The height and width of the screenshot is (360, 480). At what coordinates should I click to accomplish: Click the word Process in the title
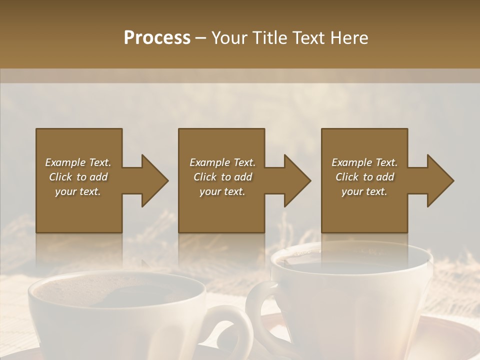[157, 38]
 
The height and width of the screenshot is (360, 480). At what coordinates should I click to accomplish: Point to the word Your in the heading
[230, 38]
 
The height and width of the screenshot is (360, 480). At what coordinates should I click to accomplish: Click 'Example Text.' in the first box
[78, 162]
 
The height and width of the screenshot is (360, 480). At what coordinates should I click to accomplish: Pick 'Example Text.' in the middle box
[222, 162]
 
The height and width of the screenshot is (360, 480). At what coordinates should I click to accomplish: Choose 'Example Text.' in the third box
[364, 162]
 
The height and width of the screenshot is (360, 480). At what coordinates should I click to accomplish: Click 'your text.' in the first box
[78, 191]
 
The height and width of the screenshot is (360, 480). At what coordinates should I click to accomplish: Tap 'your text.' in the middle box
[222, 191]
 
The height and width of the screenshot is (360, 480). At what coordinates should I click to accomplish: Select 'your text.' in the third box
[364, 191]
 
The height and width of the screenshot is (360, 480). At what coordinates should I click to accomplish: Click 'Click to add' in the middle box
[222, 177]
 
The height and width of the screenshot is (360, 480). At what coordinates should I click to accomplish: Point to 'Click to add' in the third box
[364, 177]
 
